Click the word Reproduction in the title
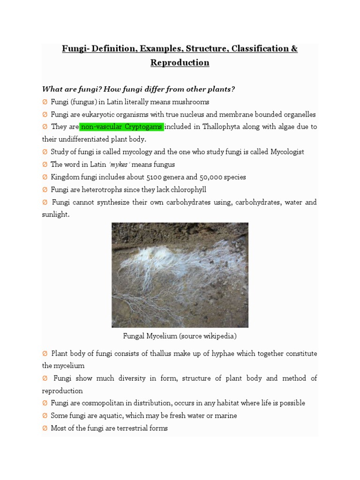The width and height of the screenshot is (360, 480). pos(180,63)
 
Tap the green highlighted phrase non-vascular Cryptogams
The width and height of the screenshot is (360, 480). pos(122,127)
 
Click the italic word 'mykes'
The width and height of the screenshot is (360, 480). pos(118,165)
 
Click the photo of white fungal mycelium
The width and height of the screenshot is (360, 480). pos(180,275)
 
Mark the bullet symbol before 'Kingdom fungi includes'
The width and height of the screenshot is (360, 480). pos(45,177)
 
